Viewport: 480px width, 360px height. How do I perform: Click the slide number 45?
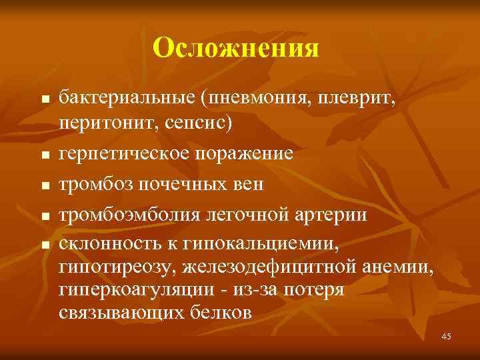point(445,337)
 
